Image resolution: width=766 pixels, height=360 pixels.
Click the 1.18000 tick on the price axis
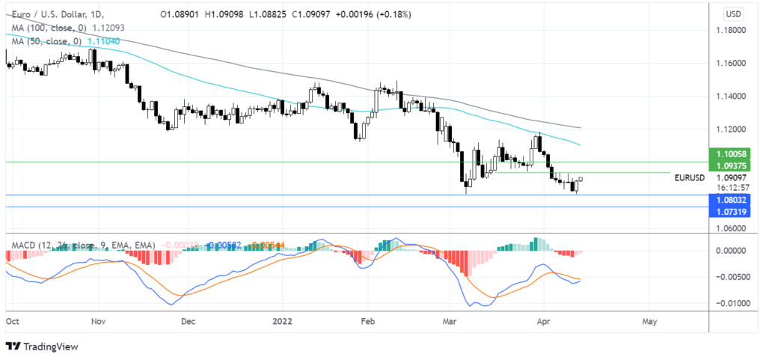[732, 30]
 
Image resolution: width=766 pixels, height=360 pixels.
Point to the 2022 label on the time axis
[282, 320]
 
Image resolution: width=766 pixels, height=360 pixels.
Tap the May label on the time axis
[649, 320]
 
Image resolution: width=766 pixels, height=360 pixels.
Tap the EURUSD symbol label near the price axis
[689, 178]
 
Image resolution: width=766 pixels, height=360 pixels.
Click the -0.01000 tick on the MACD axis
[732, 304]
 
